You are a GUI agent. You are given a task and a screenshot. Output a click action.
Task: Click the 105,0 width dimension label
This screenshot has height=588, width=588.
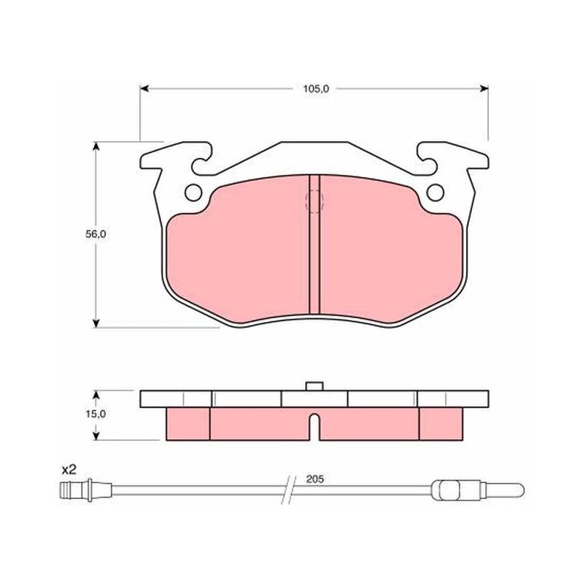[316, 89]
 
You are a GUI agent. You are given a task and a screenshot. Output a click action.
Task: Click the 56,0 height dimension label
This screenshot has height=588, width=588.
[96, 234]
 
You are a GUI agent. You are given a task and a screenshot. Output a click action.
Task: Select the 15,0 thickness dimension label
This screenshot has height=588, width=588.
[96, 414]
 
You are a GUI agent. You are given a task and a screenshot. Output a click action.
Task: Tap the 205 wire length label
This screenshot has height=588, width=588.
[315, 479]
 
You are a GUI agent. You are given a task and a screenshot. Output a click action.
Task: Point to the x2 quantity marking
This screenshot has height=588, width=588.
[69, 469]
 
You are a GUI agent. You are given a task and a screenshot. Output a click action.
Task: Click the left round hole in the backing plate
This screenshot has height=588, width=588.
[193, 193]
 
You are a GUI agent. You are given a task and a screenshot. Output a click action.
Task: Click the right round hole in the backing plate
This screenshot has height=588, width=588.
[435, 193]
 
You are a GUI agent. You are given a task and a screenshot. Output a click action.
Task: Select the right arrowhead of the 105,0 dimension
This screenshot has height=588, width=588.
[484, 88]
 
